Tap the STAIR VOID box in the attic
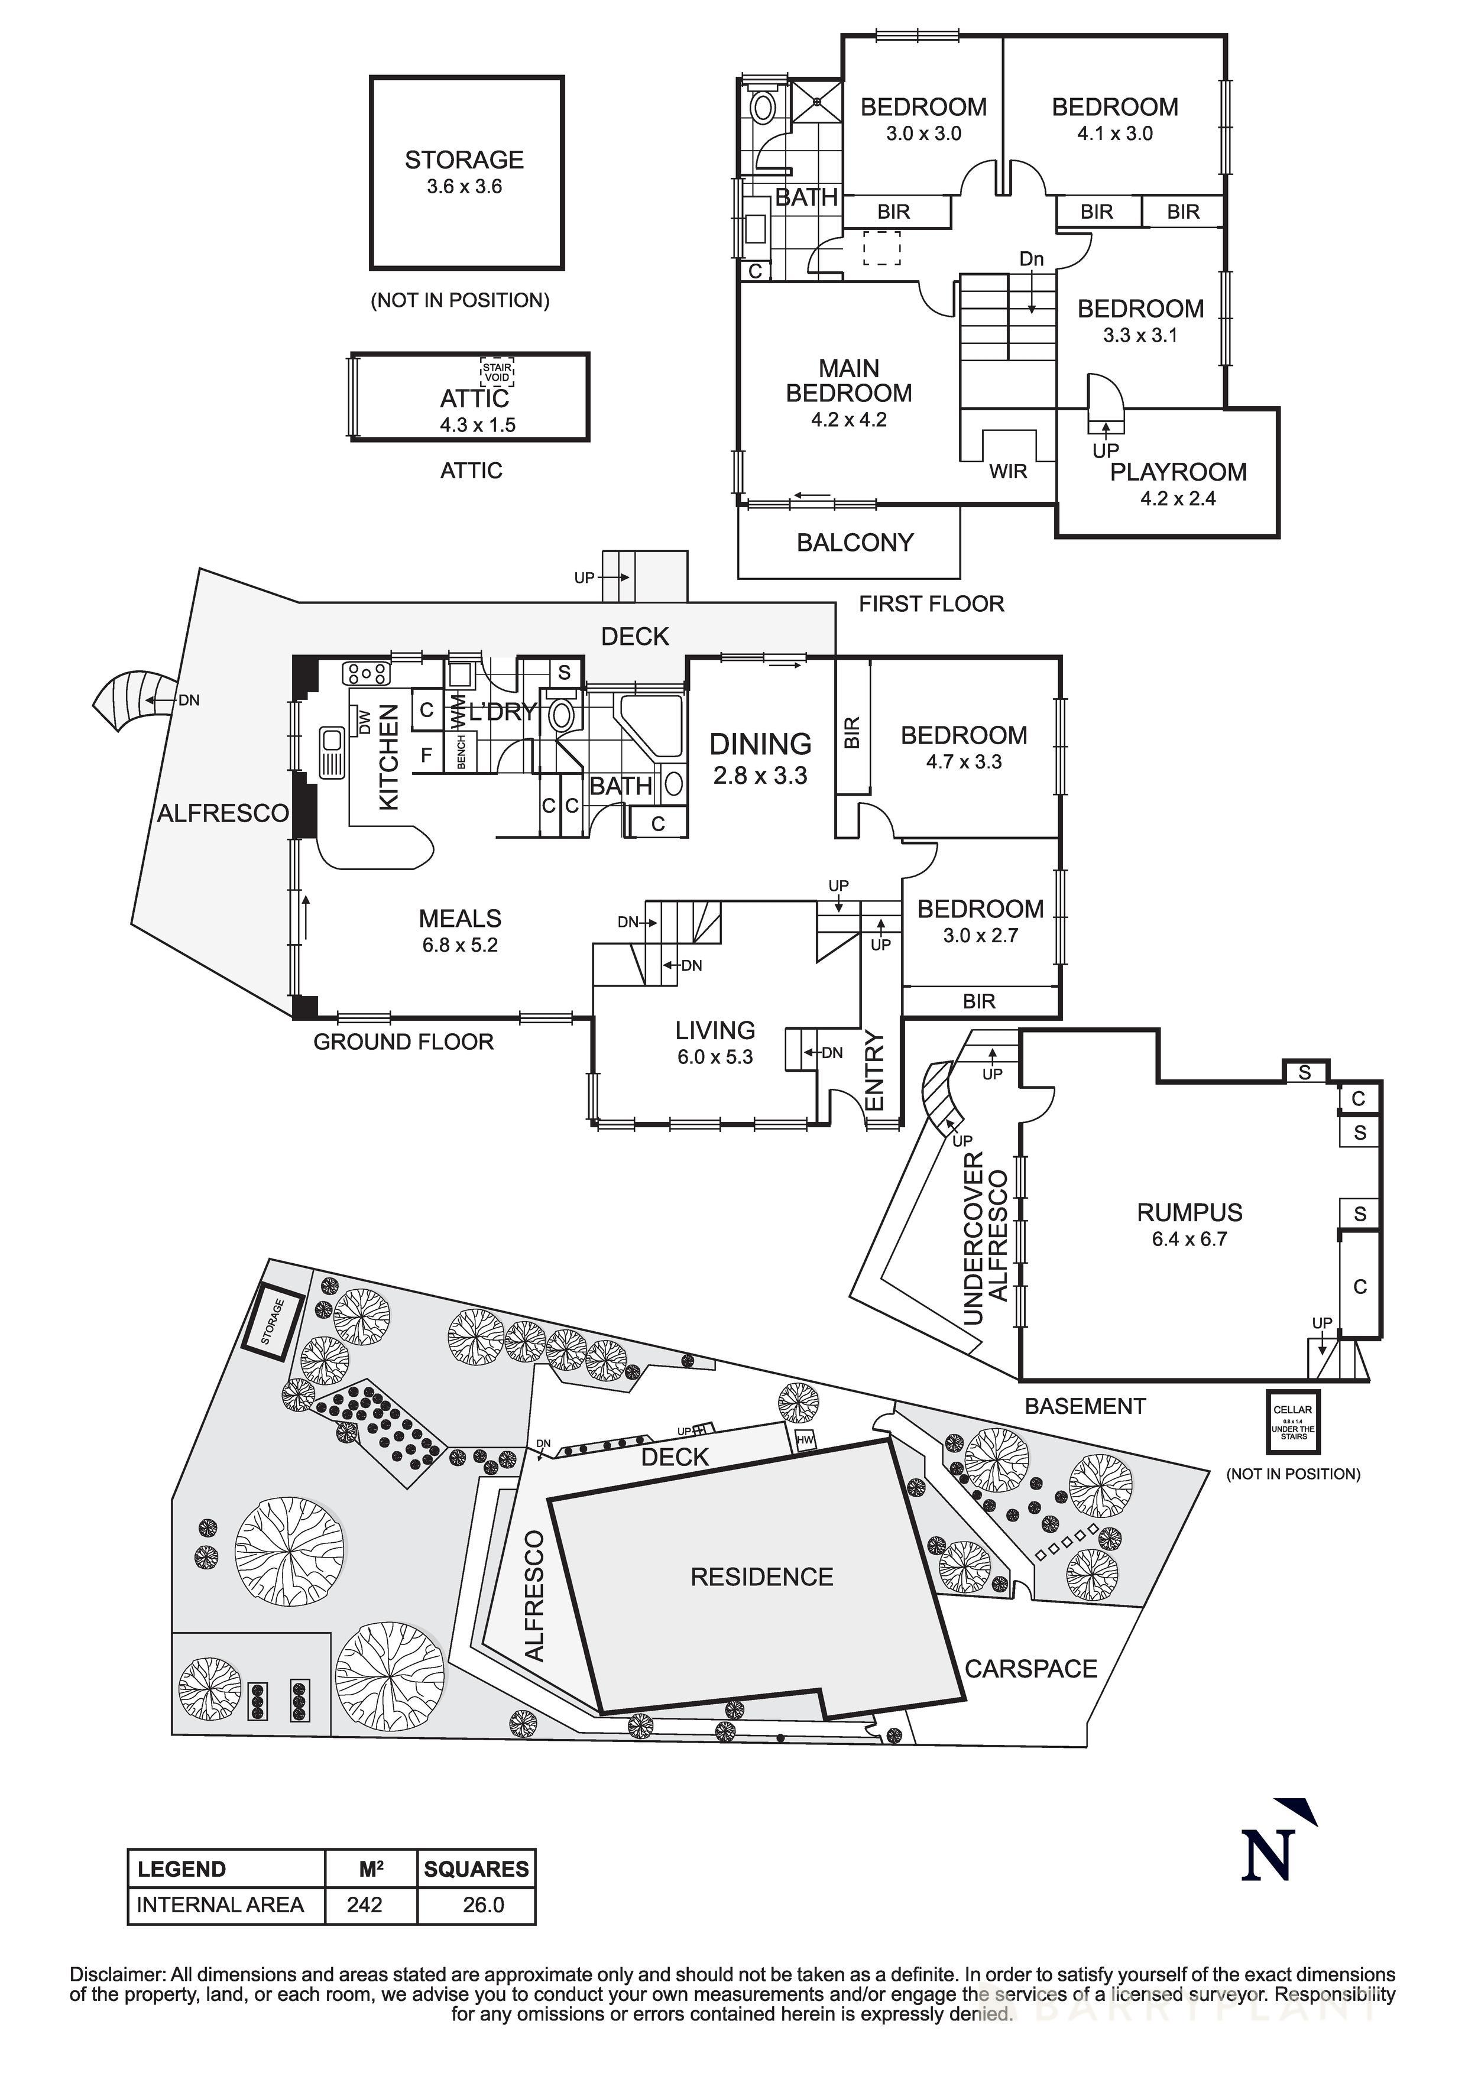497,371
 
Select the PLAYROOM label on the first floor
1178,471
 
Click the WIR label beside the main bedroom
1008,471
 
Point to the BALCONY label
854,543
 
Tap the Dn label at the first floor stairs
1032,259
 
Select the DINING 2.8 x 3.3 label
760,758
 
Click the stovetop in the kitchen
367,673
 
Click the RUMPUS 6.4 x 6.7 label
1189,1224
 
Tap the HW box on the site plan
804,1442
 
